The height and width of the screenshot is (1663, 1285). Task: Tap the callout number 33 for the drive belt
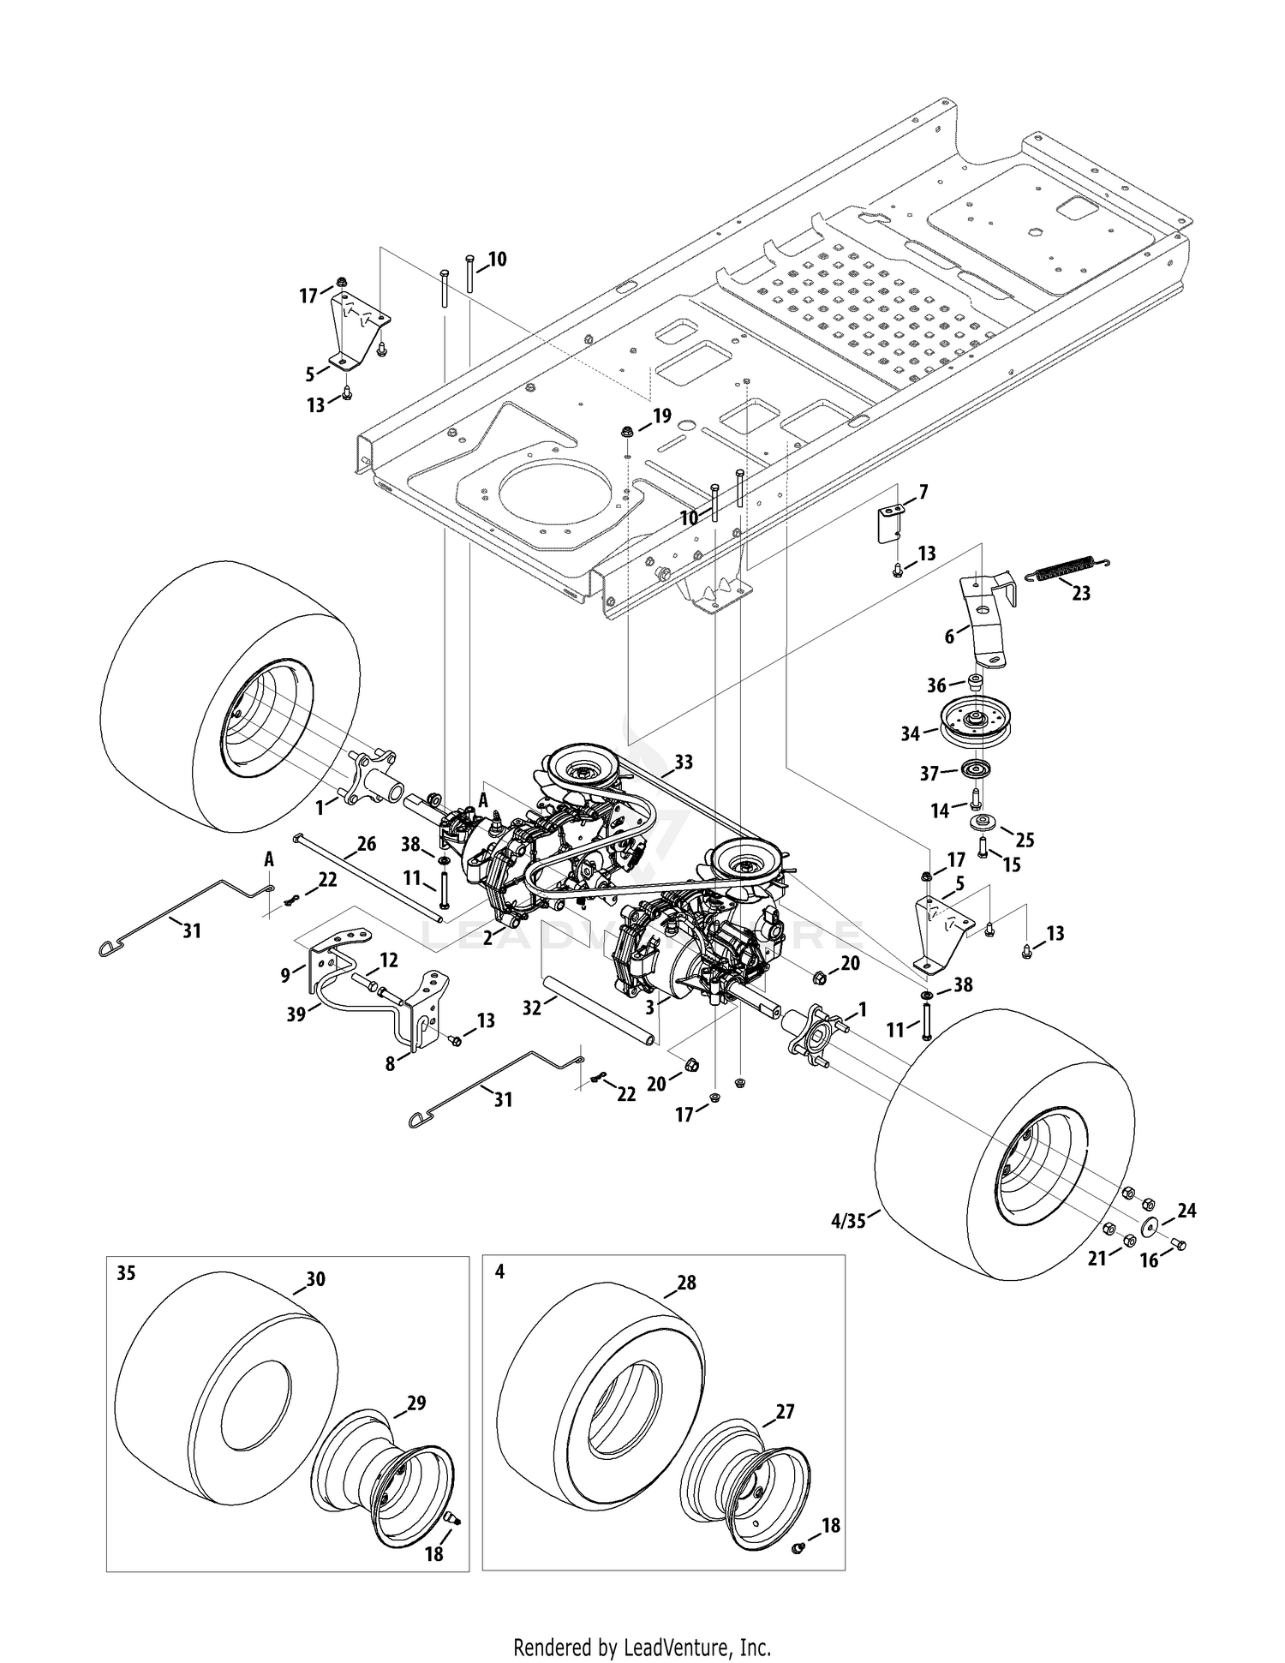(x=684, y=761)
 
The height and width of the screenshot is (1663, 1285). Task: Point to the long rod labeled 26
(x=369, y=877)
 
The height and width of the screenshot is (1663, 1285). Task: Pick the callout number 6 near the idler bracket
(x=949, y=637)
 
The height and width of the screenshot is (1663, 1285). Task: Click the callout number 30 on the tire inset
(x=315, y=1279)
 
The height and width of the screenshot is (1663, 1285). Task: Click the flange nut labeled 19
(x=626, y=429)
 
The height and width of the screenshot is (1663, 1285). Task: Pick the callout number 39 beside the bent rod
(x=296, y=1013)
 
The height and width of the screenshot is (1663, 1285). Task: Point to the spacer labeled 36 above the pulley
(x=973, y=681)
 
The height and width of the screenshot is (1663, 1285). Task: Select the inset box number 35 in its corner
(x=126, y=1273)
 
